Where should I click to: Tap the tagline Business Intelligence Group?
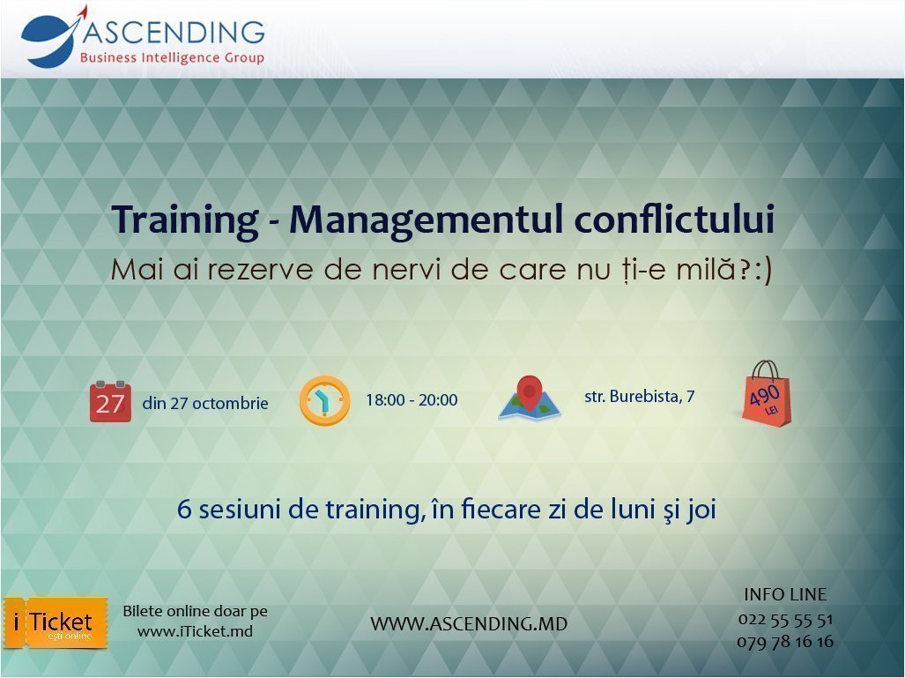click(172, 58)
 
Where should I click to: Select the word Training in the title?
click(183, 220)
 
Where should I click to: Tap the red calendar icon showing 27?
click(110, 402)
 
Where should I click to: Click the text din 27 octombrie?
click(204, 403)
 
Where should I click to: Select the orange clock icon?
click(324, 401)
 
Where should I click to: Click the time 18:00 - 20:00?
click(412, 400)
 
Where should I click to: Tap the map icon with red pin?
click(529, 399)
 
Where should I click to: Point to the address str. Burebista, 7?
click(639, 397)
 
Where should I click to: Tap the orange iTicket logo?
click(55, 622)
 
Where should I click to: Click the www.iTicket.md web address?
click(195, 631)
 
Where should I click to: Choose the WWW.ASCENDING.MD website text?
click(469, 624)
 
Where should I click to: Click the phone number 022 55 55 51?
click(784, 619)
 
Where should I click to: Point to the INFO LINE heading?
click(785, 594)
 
